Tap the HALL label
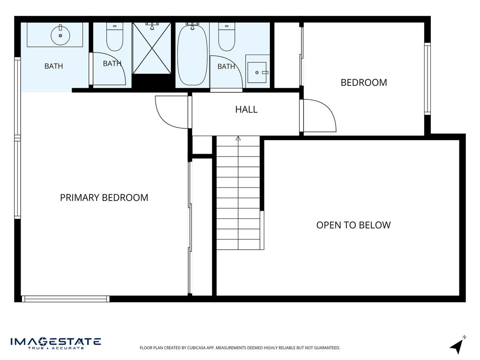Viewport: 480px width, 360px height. (246, 110)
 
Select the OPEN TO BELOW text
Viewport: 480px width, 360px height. (353, 225)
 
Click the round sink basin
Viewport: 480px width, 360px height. (60, 36)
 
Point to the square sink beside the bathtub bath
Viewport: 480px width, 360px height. (257, 73)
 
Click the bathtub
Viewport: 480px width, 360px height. (193, 55)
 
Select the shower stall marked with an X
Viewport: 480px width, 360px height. (152, 48)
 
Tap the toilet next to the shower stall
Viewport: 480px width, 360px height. (115, 37)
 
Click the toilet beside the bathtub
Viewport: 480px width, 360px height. (226, 37)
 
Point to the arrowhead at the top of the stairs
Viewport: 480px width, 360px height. (238, 138)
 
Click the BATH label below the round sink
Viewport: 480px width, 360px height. (53, 66)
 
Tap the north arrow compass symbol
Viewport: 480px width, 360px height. (457, 345)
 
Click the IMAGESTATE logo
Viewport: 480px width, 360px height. (56, 343)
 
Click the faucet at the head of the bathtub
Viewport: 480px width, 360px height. (192, 26)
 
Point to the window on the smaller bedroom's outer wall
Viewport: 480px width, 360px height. (427, 79)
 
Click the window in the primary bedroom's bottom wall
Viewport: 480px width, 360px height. (65, 299)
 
